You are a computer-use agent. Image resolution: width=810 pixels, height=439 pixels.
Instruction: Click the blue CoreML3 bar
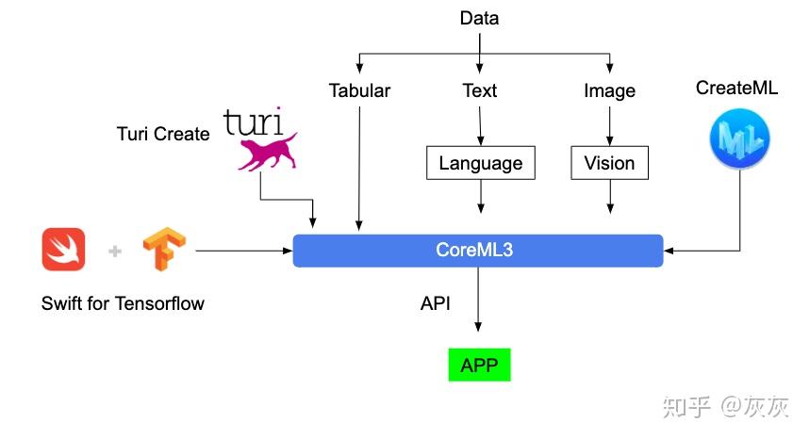tap(478, 251)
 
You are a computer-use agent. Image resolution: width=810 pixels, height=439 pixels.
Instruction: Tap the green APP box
tap(479, 366)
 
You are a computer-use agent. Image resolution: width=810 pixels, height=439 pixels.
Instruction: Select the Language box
tap(480, 163)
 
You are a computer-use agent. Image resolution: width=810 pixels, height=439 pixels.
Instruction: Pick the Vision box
tap(609, 163)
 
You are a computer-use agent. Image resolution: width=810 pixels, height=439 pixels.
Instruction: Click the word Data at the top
tap(479, 18)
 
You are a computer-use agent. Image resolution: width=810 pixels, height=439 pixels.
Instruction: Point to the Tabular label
tap(359, 91)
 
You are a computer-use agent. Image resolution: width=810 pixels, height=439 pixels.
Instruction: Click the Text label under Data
tap(480, 91)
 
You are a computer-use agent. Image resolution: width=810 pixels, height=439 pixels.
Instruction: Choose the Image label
tap(609, 91)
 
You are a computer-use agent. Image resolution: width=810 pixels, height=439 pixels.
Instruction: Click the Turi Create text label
tap(163, 134)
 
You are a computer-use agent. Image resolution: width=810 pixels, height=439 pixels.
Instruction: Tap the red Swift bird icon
tap(64, 250)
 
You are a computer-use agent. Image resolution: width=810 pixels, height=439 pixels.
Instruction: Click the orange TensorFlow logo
tap(163, 250)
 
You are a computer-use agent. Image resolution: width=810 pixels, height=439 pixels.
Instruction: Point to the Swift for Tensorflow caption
tap(123, 303)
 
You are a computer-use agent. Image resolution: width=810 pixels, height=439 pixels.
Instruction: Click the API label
tap(435, 303)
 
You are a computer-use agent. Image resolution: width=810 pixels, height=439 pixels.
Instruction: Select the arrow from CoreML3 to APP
tap(479, 300)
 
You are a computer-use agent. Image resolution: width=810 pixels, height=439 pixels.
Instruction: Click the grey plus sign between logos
tap(115, 251)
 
